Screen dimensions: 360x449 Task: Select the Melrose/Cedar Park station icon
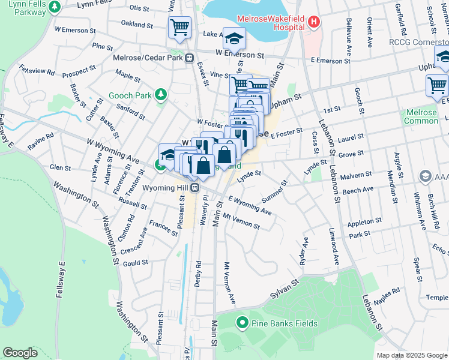[x=188, y=58]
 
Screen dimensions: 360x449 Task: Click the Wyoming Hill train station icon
[x=195, y=188]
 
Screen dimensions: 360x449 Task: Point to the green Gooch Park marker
[x=160, y=95]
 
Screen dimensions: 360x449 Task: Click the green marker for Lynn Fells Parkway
[x=55, y=7]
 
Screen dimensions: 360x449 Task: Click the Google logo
[x=20, y=353]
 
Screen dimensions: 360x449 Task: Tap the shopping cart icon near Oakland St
[x=179, y=28]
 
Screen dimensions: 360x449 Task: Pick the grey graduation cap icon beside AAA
[x=426, y=176]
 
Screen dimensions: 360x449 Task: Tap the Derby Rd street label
[x=198, y=274]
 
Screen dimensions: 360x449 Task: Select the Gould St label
[x=135, y=263]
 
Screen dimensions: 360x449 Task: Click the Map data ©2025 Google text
[x=411, y=355]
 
